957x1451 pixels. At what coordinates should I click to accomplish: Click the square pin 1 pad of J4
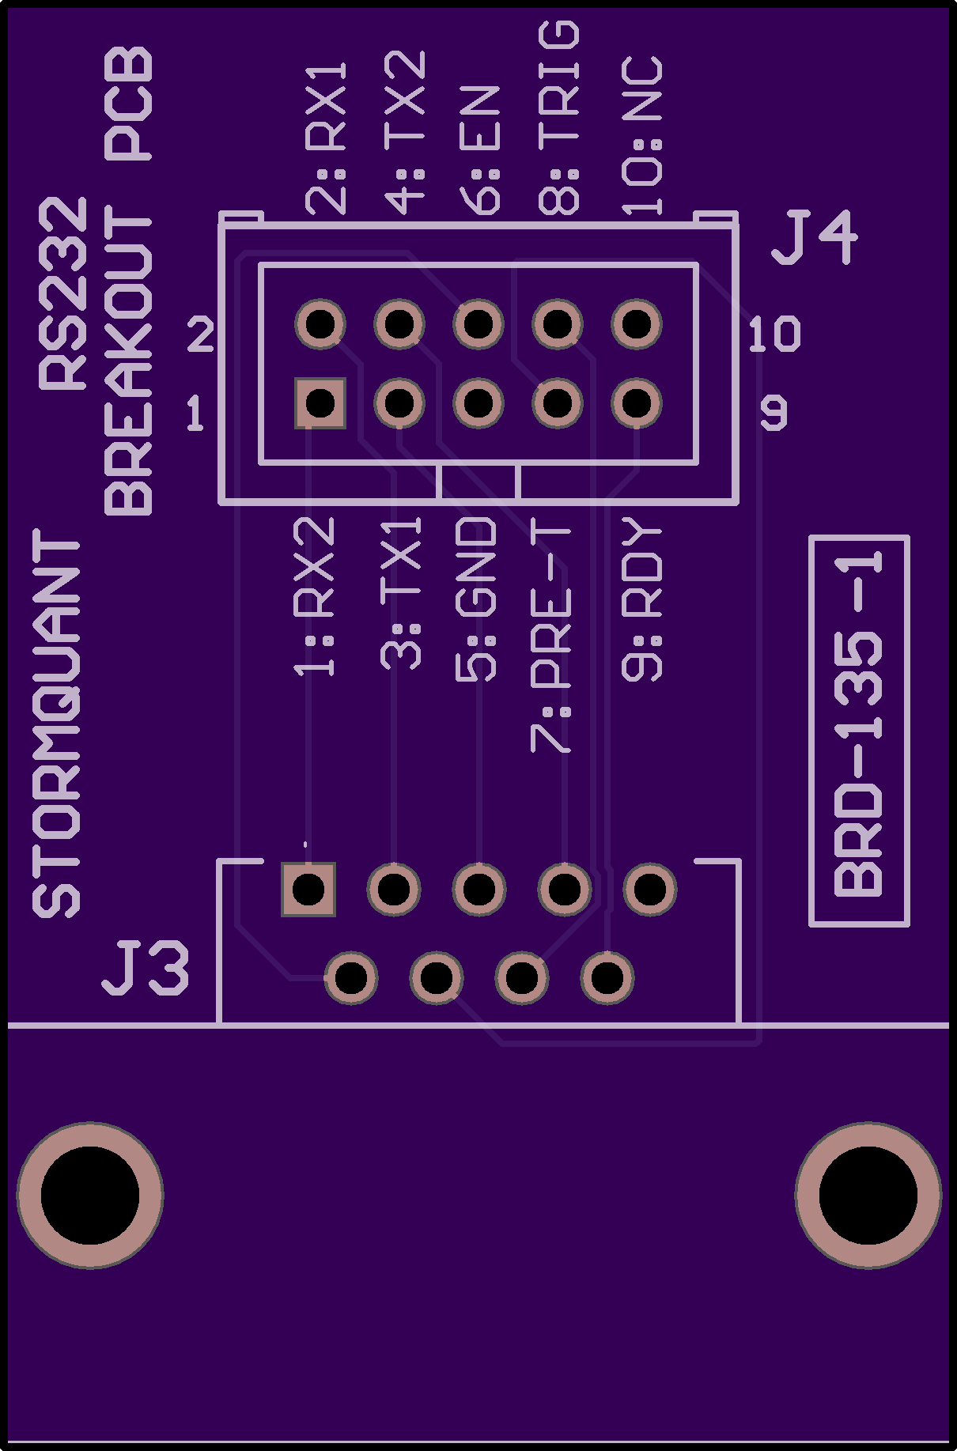click(320, 403)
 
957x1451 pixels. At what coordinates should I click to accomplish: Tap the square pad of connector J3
click(308, 890)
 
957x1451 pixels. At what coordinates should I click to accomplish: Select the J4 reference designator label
click(814, 237)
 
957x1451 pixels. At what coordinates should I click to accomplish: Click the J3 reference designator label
click(146, 967)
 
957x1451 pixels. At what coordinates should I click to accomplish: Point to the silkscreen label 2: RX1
click(327, 139)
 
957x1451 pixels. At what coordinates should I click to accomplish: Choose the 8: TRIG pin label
click(559, 119)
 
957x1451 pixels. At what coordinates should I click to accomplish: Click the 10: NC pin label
click(641, 136)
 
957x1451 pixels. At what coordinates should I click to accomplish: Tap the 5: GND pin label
click(477, 599)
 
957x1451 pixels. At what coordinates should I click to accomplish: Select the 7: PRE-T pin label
click(550, 636)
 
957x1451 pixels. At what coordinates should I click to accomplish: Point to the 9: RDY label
click(641, 599)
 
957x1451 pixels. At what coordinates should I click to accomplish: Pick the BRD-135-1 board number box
click(859, 731)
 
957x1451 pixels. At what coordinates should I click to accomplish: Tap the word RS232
click(63, 294)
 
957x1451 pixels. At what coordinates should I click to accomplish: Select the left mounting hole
click(90, 1195)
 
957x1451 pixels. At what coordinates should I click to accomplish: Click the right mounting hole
click(868, 1195)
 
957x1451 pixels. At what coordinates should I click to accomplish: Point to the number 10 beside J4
click(774, 334)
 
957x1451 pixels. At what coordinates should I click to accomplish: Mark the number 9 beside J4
click(774, 413)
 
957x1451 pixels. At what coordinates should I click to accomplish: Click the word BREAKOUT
click(128, 361)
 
